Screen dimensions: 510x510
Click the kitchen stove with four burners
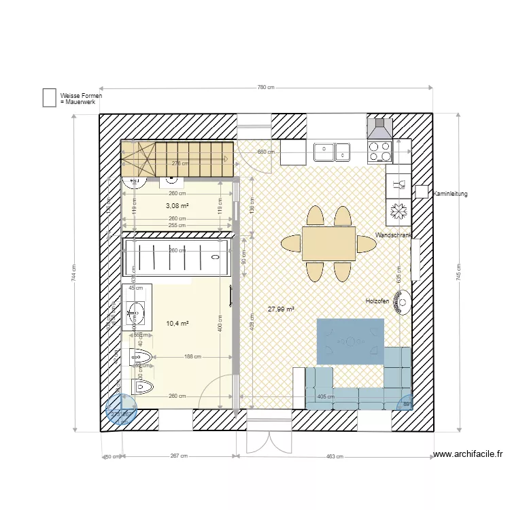click(379, 150)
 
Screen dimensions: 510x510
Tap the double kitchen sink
click(331, 151)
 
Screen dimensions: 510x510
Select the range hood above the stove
click(379, 128)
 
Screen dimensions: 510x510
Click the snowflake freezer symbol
click(398, 211)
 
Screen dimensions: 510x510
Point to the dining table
click(328, 243)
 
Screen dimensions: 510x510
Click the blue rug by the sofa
click(350, 341)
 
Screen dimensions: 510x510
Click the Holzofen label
click(377, 301)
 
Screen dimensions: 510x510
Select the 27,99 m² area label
click(281, 309)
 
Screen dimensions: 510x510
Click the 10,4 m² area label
click(177, 324)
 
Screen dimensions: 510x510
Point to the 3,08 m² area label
click(177, 205)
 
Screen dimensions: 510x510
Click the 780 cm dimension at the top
click(266, 88)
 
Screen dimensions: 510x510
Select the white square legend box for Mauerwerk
click(49, 98)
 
